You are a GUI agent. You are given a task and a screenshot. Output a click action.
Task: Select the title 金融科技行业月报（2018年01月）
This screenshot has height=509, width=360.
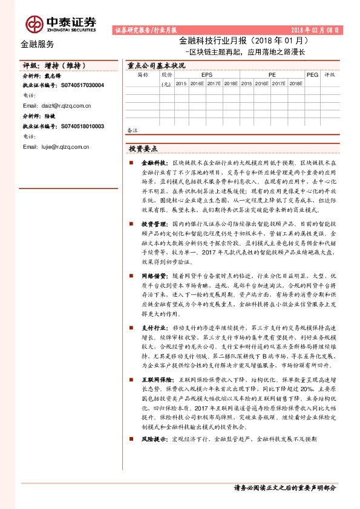[x=244, y=41]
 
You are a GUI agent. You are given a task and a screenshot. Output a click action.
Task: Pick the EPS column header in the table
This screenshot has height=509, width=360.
[x=198, y=75]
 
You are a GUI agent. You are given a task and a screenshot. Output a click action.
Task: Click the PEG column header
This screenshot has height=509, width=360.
[x=312, y=75]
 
